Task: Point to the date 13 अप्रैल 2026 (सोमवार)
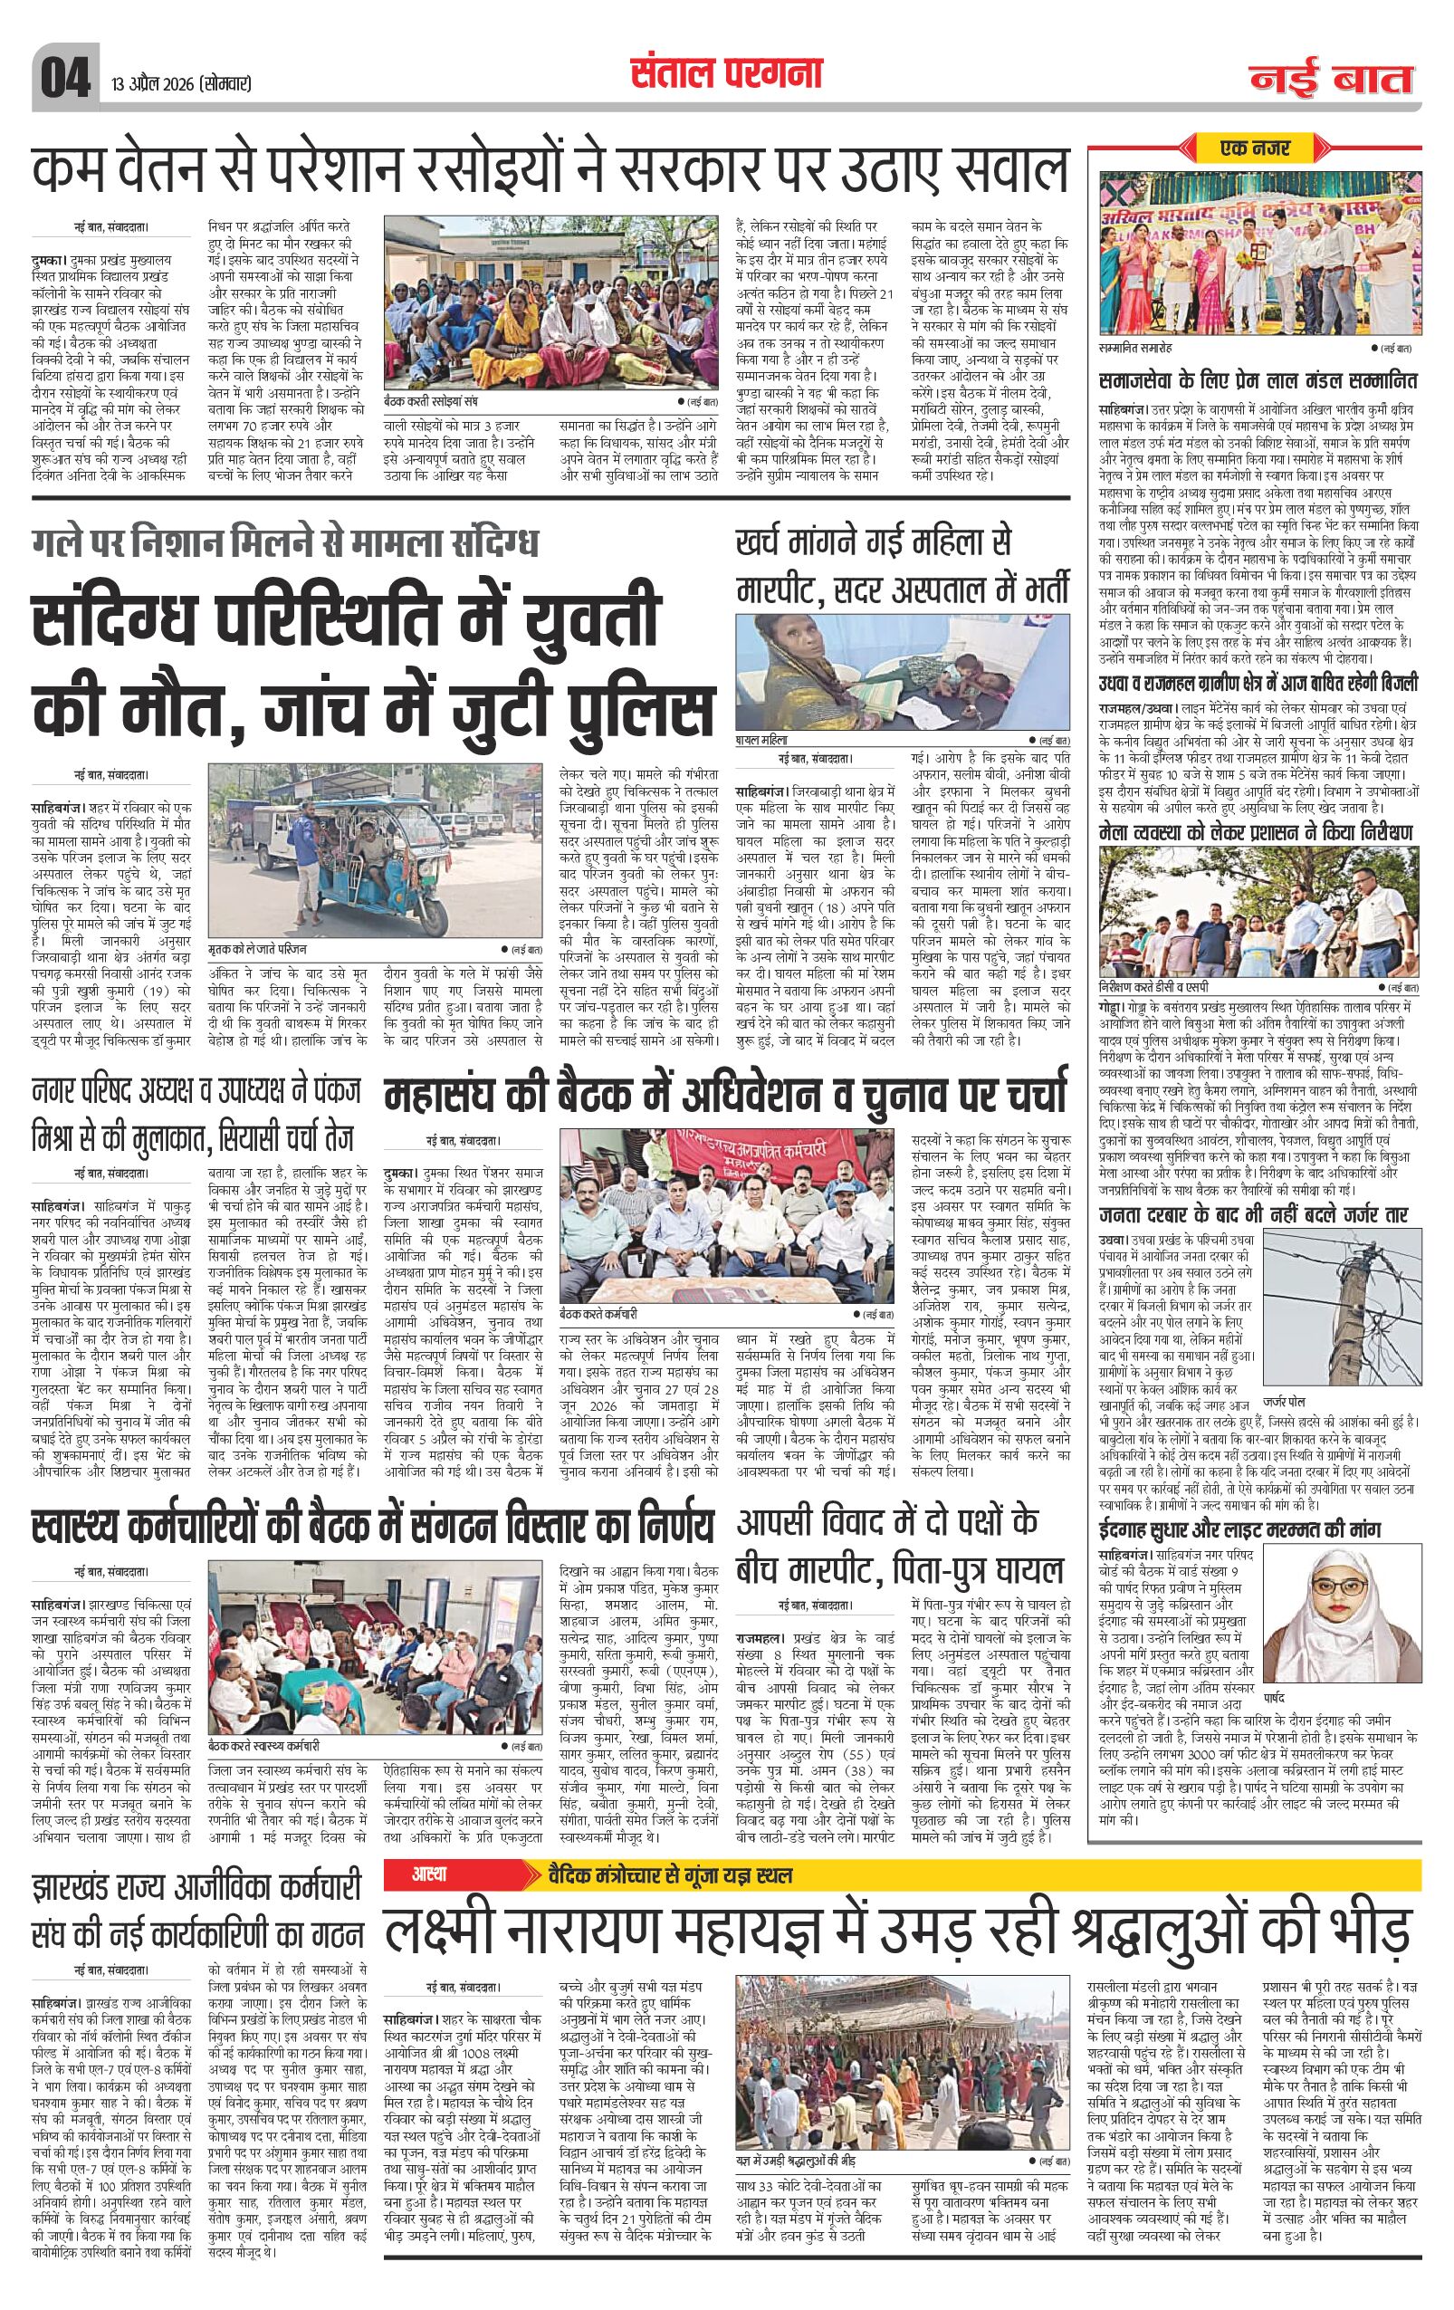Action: pyautogui.click(x=181, y=83)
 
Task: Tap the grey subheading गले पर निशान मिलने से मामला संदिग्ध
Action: pyautogui.click(x=285, y=542)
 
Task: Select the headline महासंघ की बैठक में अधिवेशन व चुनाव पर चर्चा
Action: pyautogui.click(x=725, y=1097)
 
